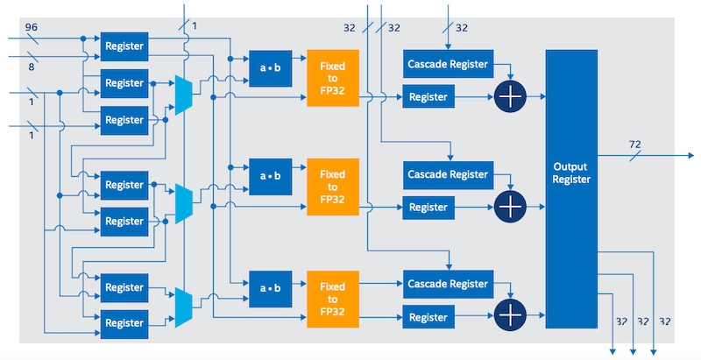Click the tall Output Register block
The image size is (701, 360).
[x=571, y=189]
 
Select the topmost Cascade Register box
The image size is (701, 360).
[x=449, y=64]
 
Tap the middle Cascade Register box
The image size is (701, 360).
[x=449, y=174]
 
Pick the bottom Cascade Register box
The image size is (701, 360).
[x=449, y=284]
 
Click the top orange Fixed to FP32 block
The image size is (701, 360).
[x=333, y=78]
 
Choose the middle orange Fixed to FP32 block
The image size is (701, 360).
[x=333, y=187]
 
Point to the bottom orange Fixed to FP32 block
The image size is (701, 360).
[x=333, y=300]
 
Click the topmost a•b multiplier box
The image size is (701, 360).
[x=271, y=68]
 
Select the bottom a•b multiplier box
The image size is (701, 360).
[x=271, y=288]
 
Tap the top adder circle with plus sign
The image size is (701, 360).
[x=510, y=96]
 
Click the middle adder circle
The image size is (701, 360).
[x=510, y=207]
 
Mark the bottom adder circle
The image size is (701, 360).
[x=510, y=315]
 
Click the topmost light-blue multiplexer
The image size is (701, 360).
[x=184, y=95]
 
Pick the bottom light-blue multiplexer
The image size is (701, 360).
[x=184, y=307]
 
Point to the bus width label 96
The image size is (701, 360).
[x=32, y=27]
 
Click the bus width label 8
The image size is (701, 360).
[x=32, y=67]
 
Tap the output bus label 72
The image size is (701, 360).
[x=634, y=145]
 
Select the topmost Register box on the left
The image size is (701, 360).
[x=124, y=46]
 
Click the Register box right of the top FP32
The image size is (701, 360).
[x=428, y=96]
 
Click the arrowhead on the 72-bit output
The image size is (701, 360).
[x=690, y=155]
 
